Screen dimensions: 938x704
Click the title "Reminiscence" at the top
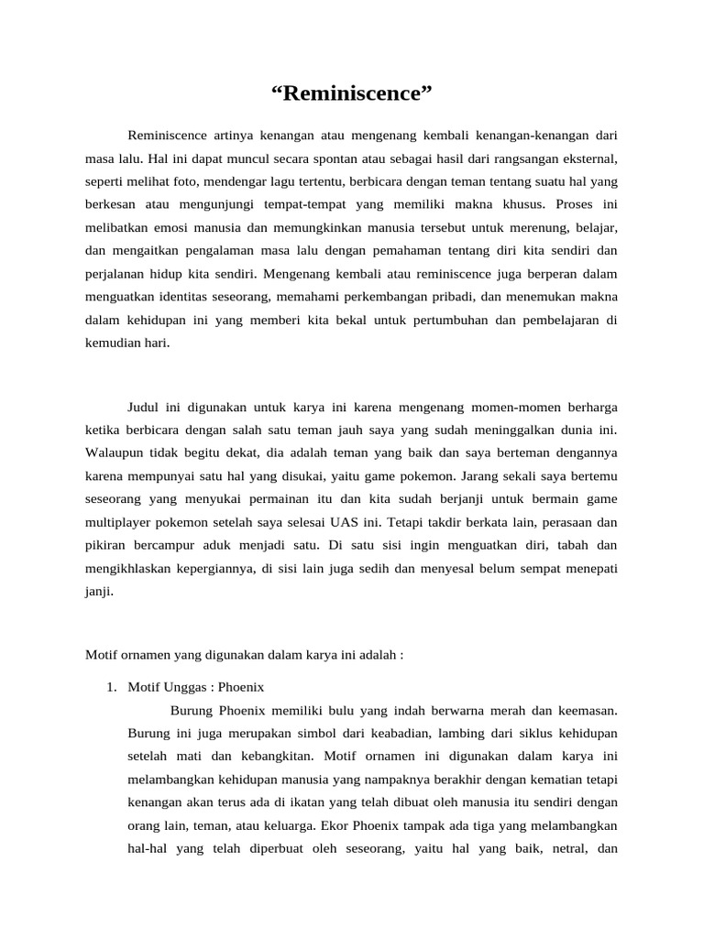click(x=351, y=93)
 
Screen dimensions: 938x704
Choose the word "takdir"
click(x=431, y=522)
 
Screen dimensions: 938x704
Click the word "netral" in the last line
click(x=555, y=849)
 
